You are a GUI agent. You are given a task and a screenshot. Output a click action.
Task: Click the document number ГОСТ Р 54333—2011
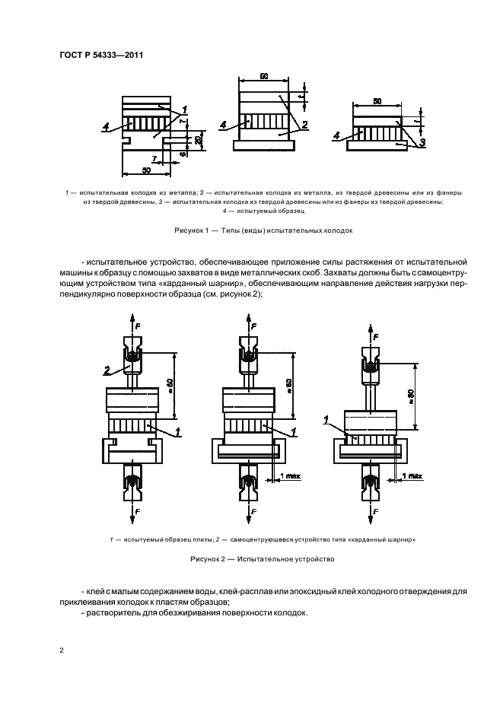(103, 54)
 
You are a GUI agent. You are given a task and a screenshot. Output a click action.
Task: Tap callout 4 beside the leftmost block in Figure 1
(107, 128)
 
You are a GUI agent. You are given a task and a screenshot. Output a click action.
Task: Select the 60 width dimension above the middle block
(263, 77)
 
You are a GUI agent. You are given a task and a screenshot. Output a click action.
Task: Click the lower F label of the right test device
(378, 508)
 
